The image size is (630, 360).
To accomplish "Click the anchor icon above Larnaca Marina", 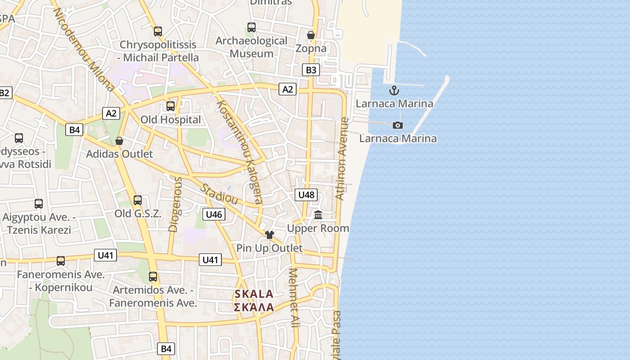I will (x=394, y=90).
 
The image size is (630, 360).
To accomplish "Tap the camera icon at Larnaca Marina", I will (x=398, y=125).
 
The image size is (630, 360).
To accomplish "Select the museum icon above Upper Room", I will (x=318, y=215).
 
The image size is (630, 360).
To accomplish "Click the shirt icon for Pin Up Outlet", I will (x=270, y=234).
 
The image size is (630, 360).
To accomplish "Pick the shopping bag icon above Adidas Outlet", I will (x=119, y=141).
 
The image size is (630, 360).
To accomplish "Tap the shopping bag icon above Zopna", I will (x=310, y=35).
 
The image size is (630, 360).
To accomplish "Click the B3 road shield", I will (x=311, y=70).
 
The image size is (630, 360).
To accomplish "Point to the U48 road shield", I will (x=306, y=195).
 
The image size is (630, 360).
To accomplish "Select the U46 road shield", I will (x=214, y=215).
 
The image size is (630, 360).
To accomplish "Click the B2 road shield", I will (x=4, y=93).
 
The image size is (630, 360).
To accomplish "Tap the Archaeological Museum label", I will (x=251, y=47).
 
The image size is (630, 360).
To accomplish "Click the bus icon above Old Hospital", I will (x=171, y=106).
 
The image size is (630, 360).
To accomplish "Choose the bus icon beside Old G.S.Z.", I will (x=138, y=200).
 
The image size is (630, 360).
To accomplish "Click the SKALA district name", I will (x=254, y=294).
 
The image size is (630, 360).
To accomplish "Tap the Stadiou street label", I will (x=219, y=194).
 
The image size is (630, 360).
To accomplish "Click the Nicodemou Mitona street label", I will (x=84, y=49).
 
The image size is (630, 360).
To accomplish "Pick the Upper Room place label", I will (x=318, y=228).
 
